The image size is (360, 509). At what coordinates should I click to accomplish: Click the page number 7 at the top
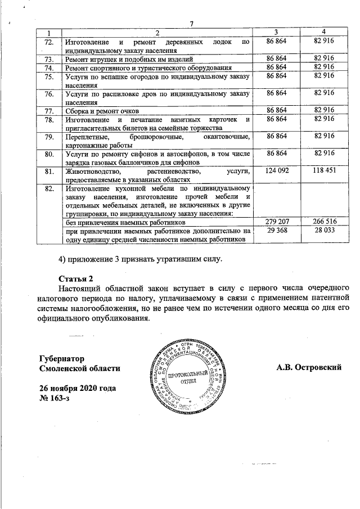point(192,23)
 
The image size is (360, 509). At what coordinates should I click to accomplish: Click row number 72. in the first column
point(49,42)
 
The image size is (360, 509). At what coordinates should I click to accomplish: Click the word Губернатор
point(62,358)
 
